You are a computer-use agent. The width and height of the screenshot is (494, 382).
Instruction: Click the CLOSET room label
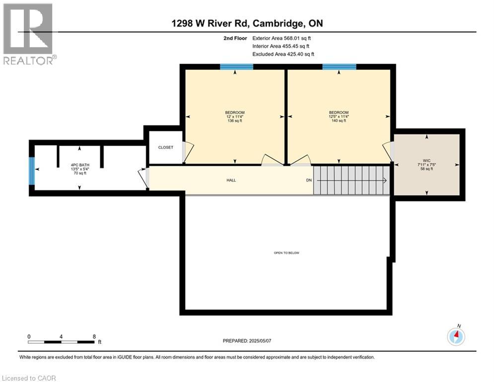[165, 147]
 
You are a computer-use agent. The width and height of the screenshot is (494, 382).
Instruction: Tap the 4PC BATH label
[79, 165]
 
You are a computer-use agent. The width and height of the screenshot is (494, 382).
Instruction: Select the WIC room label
[426, 160]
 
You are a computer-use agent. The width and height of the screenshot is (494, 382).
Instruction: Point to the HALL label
[231, 180]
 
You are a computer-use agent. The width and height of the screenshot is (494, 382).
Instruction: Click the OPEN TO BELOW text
[286, 253]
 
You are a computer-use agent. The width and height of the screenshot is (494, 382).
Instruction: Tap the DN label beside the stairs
[308, 180]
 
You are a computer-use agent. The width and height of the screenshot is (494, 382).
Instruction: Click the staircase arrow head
[385, 181]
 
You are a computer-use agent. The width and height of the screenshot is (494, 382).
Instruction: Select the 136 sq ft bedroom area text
[235, 120]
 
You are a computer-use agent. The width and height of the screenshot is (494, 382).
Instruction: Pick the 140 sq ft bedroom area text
[339, 120]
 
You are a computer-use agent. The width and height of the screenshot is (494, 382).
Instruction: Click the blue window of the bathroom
[31, 170]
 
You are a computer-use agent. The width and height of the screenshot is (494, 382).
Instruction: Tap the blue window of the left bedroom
[235, 67]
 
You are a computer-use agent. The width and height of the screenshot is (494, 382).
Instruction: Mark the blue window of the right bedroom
[339, 67]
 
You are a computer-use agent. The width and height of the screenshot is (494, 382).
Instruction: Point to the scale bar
[61, 342]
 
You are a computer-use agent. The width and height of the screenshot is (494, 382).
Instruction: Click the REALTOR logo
[29, 34]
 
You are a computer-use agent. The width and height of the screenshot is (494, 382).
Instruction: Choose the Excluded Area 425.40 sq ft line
[283, 54]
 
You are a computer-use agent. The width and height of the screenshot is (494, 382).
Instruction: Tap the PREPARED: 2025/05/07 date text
[247, 341]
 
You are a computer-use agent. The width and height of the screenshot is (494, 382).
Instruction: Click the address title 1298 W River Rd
[246, 23]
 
